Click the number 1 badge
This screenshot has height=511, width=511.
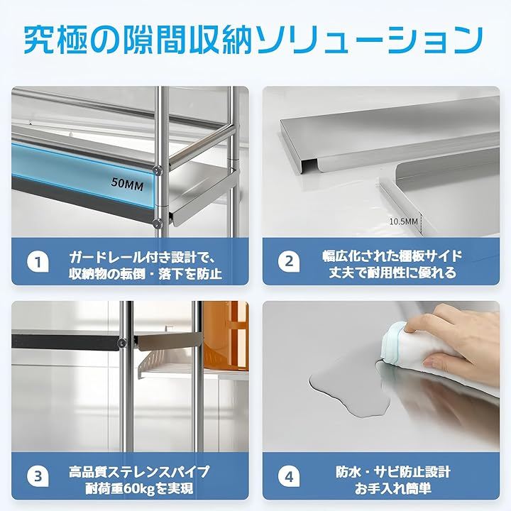point(38,262)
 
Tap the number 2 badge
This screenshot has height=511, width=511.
point(289,261)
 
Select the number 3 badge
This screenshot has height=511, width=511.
point(38,476)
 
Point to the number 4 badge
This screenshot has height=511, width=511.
point(289,476)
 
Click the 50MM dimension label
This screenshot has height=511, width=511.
point(128,185)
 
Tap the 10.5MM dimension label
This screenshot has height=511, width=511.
point(403,221)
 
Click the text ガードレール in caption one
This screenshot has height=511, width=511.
point(106,258)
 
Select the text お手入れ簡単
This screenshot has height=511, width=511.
point(393,488)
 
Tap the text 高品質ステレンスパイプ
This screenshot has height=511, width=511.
point(139,472)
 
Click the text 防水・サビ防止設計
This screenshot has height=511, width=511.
point(393,471)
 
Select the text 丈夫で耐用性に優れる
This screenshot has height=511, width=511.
point(392,273)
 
